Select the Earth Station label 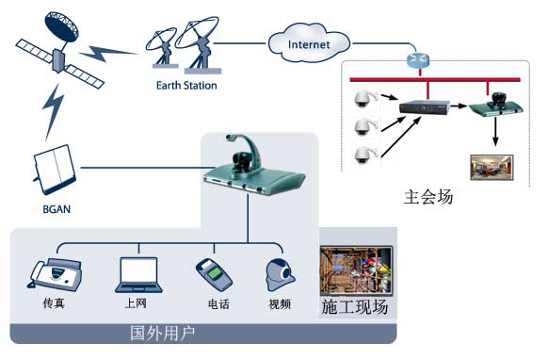pyautogui.click(x=186, y=86)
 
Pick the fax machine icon pyautogui.click(x=55, y=273)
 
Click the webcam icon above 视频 pyautogui.click(x=279, y=273)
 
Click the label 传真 pyautogui.click(x=54, y=304)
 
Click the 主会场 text pyautogui.click(x=428, y=198)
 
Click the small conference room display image pyautogui.click(x=487, y=168)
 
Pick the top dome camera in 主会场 pyautogui.click(x=362, y=100)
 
